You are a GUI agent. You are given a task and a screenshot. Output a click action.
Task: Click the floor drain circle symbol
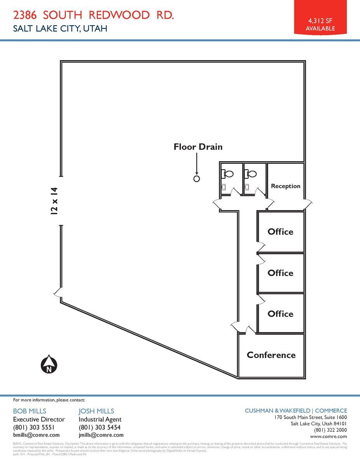pos(197,179)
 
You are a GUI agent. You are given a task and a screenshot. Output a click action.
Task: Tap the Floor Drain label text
pos(198,147)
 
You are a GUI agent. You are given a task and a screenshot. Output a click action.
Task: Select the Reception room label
pos(285,186)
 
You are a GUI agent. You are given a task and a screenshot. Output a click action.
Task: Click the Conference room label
pos(271,355)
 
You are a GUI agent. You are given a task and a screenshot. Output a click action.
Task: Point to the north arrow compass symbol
pos(49,365)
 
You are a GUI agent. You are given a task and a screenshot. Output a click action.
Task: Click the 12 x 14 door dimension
pos(54,201)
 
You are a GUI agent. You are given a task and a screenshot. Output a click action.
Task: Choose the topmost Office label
pos(280,232)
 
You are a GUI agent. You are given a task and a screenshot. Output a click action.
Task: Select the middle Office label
pos(280,273)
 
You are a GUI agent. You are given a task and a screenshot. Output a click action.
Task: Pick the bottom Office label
pos(280,314)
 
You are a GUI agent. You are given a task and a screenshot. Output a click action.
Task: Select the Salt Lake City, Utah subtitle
pos(60,28)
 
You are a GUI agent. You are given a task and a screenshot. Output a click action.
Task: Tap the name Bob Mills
pos(30,411)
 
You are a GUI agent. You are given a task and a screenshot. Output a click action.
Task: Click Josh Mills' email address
pos(101,435)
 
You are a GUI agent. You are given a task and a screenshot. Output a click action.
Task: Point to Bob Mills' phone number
pos(37,427)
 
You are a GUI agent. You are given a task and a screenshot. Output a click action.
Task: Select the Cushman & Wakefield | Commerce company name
pos(296,410)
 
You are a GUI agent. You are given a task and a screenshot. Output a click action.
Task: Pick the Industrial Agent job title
pos(100,419)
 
